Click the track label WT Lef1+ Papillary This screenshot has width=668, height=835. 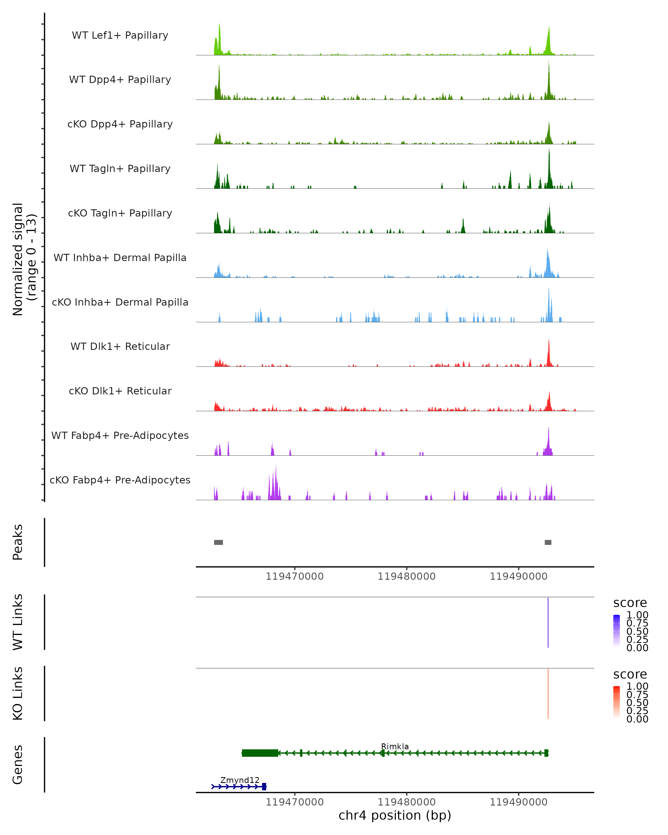coord(120,35)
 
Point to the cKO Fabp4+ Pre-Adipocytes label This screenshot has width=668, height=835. coord(120,480)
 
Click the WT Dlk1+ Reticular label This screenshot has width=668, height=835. coord(120,346)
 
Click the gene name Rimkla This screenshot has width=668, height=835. coord(395,746)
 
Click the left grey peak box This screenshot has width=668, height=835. coord(218,542)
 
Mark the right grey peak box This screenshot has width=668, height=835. coord(548,542)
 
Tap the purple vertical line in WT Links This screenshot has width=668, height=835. coord(548,622)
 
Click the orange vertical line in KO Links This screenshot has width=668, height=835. coord(548,694)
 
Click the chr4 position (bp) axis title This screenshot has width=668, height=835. coord(395,816)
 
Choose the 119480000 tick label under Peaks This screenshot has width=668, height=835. coord(407,576)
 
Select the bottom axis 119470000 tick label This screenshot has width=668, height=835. coord(295,802)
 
